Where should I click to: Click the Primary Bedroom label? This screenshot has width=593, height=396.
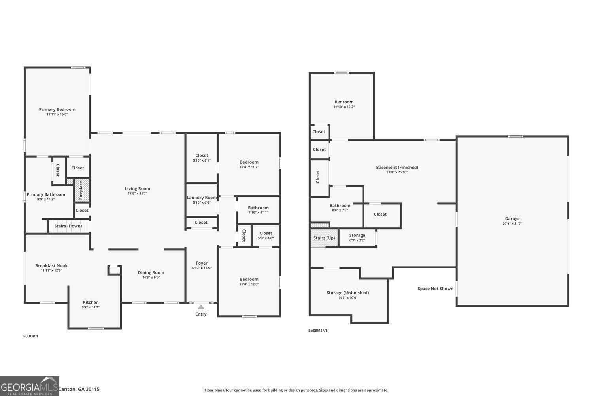pos(57,109)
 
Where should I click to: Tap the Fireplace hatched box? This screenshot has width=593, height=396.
pos(81,190)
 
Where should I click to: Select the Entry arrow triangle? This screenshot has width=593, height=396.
pos(201,307)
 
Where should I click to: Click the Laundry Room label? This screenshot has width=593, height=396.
pos(202,198)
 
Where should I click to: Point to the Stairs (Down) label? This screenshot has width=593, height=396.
pos(68,226)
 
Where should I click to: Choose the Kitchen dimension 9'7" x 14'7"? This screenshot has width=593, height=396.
pos(91,307)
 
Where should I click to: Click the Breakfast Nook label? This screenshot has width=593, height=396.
pos(51,266)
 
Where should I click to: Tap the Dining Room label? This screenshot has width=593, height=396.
pos(151,272)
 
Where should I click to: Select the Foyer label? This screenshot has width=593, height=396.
pos(202,263)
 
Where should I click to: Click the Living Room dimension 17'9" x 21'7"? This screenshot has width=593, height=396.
pos(138,194)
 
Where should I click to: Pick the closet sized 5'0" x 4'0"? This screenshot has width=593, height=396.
pos(266,236)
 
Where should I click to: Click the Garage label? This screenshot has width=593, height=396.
pos(512,219)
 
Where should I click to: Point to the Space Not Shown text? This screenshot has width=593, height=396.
pos(435,289)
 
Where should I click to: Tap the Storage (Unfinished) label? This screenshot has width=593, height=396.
pos(347,293)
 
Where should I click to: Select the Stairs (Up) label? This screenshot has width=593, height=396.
pos(324,238)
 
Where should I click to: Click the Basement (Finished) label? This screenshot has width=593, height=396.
pos(397,167)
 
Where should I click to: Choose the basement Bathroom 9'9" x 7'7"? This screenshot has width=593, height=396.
pos(340,208)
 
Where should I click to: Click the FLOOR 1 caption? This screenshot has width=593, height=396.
pos(31,336)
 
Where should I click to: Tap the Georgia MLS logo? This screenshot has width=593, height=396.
pos(29,386)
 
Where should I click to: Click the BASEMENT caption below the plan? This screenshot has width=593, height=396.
pos(318,331)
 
